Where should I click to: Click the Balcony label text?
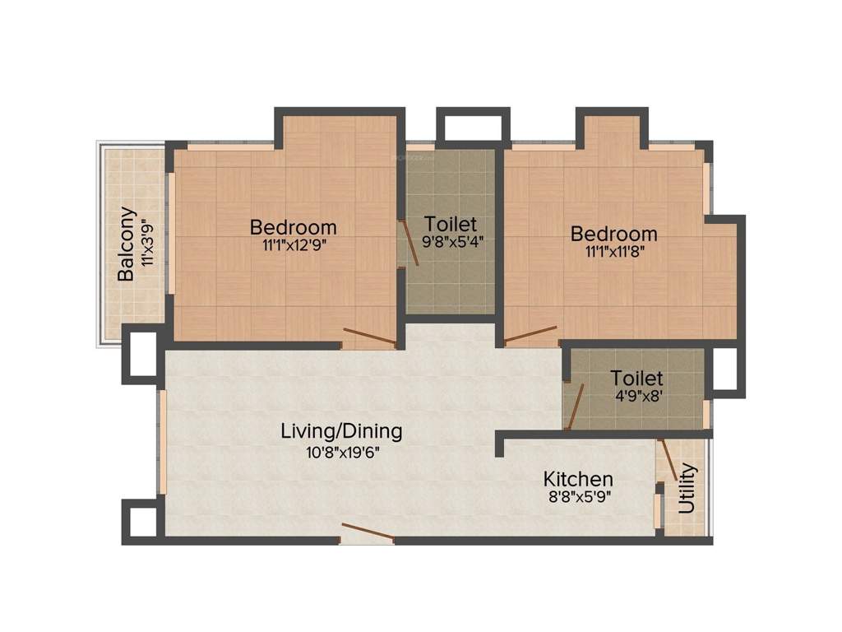point(126,244)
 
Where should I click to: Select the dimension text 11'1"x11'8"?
point(614,251)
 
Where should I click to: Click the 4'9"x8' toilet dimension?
point(636,395)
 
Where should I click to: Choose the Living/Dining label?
point(341,430)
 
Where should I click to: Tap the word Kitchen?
point(578,479)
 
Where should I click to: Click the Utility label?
point(687,489)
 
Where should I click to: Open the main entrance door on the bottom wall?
point(367,532)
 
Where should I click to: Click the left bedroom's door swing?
point(369,336)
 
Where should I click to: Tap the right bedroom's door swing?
point(531,334)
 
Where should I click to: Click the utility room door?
point(670,462)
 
